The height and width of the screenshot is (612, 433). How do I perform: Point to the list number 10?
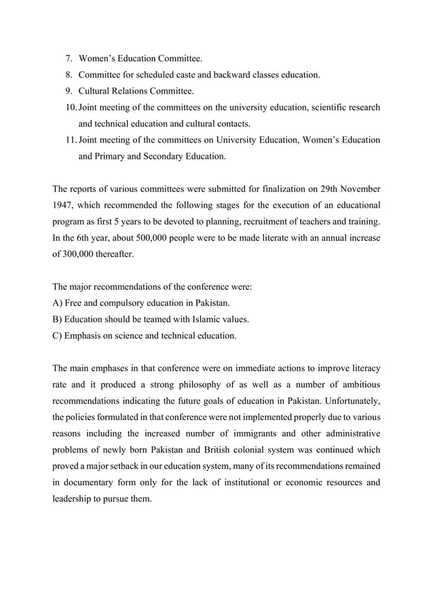tap(71, 107)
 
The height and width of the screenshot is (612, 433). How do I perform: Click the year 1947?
tap(64, 205)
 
